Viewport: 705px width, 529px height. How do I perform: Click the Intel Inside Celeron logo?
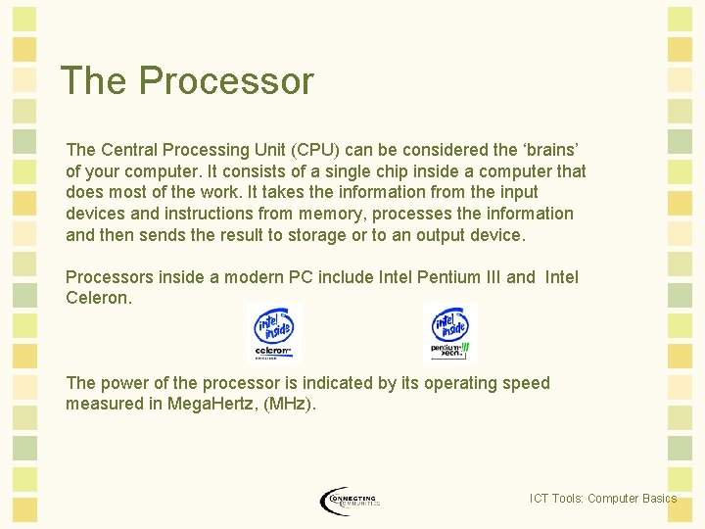coord(273,333)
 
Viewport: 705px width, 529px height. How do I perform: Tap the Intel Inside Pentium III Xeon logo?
coord(450,333)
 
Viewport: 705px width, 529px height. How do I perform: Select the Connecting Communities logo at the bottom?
coord(350,501)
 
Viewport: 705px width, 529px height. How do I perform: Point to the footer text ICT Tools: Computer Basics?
coord(602,499)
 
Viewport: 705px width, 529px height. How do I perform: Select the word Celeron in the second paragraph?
coord(98,298)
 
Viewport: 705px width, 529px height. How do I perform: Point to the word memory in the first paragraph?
coord(339,214)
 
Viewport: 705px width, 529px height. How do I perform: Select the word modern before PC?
coord(253,277)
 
